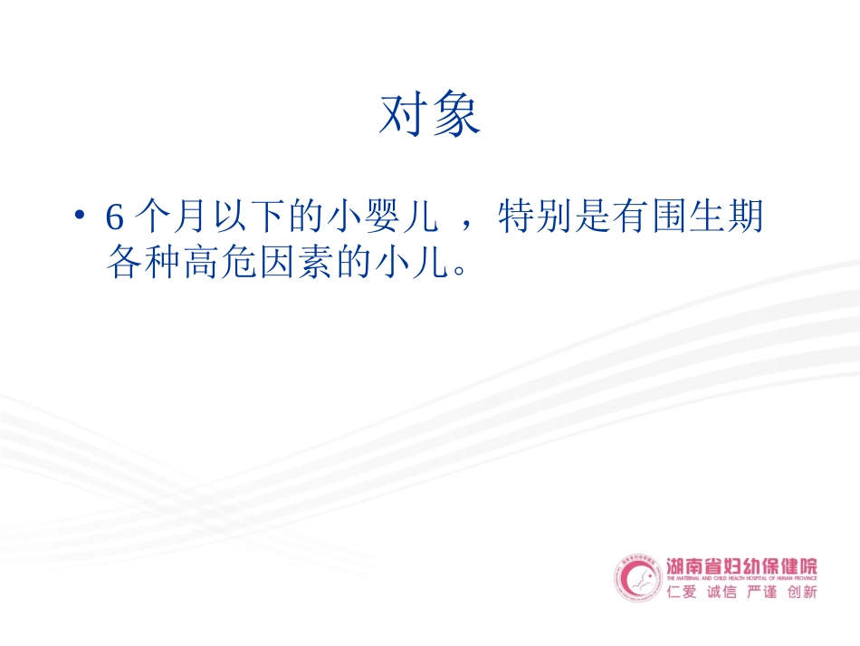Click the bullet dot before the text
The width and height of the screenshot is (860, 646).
[81, 217]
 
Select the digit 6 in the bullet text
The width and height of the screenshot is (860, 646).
[113, 218]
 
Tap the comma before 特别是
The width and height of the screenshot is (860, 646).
[467, 226]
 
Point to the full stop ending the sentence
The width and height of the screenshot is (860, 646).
[459, 270]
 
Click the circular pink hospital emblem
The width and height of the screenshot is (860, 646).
[639, 578]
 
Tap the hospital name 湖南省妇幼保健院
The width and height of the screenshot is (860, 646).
[741, 566]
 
